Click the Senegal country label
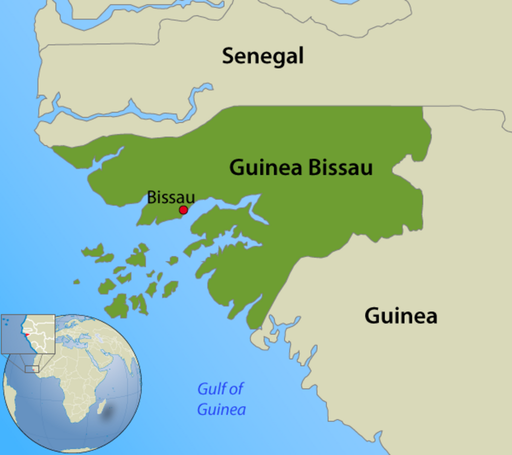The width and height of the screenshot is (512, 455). (x=262, y=56)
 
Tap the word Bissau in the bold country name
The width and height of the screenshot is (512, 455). (x=340, y=168)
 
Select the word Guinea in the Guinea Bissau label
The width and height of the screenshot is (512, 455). (x=265, y=168)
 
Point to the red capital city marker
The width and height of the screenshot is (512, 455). (x=183, y=210)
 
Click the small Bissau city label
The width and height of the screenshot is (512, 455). (x=170, y=197)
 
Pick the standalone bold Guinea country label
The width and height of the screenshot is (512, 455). (x=400, y=316)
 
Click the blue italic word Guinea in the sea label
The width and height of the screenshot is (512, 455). (x=221, y=409)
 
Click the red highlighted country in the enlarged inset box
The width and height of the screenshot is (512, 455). (x=27, y=334)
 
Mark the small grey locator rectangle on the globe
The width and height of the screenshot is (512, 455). (x=32, y=369)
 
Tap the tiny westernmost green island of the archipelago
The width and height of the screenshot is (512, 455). (x=76, y=282)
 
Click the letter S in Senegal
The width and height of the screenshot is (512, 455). (x=228, y=56)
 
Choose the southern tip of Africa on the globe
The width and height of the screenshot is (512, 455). (x=74, y=420)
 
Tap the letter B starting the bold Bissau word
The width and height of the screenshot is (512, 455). (x=314, y=168)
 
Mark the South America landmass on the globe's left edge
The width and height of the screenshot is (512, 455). (x=9, y=395)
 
